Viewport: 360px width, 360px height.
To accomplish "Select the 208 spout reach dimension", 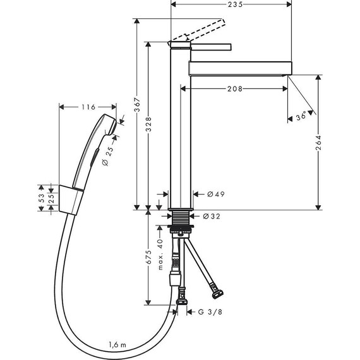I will (235, 89).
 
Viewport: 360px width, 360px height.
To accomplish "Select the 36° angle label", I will (301, 116).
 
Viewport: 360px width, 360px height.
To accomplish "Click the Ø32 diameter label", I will (212, 216).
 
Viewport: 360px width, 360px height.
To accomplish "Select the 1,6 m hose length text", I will (117, 345).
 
